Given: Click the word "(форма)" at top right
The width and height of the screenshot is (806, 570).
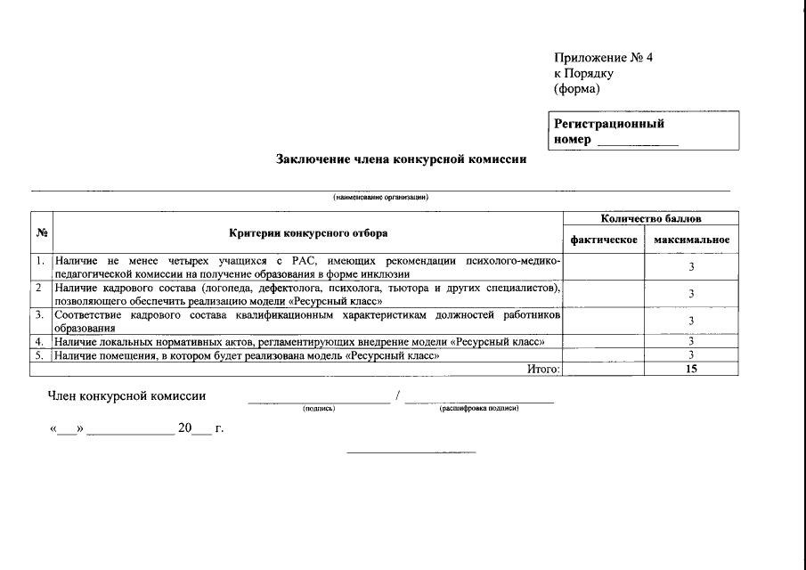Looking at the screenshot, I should tap(576, 88).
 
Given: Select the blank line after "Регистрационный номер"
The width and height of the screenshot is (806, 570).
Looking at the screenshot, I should tap(637, 141).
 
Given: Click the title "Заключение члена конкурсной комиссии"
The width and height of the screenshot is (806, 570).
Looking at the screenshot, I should tap(401, 160).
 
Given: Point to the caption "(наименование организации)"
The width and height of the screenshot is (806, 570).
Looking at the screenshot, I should tap(381, 197).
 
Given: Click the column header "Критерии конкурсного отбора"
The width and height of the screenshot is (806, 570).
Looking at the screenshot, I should tap(308, 233).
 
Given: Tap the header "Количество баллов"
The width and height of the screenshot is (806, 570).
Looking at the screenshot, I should tap(650, 218).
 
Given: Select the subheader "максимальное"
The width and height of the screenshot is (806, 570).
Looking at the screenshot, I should tap(691, 240).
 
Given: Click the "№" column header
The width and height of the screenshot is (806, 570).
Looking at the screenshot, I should tap(42, 233).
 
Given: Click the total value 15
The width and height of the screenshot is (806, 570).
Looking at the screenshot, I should tap(691, 369).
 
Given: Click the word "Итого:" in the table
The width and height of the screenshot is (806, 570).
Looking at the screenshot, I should tap(543, 369).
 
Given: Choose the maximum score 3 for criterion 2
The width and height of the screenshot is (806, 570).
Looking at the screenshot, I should tap(691, 294).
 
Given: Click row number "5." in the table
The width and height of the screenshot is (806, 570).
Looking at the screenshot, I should tap(41, 355).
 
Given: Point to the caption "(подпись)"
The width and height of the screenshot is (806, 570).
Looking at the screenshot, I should tap(318, 409).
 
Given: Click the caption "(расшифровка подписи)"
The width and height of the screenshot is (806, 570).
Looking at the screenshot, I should tap(478, 409).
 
